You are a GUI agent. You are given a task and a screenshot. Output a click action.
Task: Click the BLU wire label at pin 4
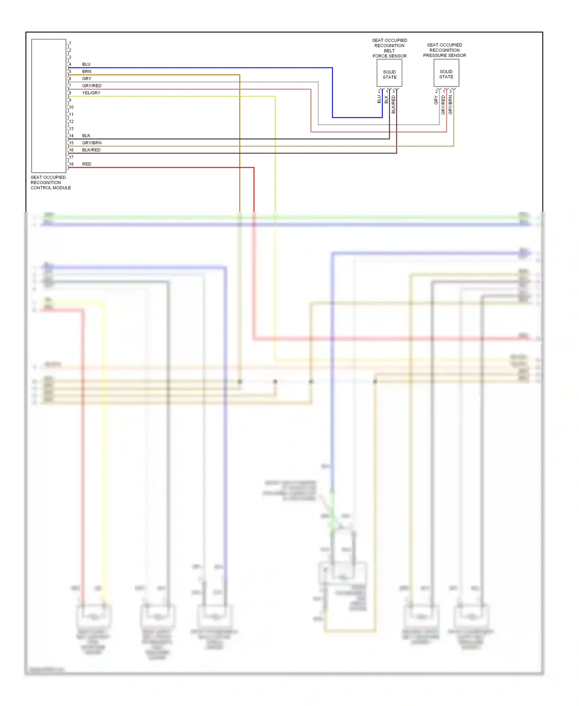86,64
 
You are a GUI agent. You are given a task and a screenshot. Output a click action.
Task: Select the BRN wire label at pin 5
86,71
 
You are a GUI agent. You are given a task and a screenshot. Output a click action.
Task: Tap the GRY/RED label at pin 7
91,86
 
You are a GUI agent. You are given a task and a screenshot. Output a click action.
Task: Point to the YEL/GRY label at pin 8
91,93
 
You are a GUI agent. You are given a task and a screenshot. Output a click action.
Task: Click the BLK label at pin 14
86,136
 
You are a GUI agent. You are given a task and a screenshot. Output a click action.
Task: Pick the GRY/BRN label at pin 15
91,143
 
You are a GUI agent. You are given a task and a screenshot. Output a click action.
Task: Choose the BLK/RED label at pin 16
91,150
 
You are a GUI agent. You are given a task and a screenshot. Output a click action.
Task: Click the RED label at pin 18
86,164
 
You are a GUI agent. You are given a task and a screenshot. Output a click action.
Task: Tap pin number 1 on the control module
70,43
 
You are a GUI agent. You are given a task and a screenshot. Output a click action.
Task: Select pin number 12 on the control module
71,121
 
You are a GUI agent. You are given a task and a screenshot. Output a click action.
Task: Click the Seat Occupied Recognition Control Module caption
51,183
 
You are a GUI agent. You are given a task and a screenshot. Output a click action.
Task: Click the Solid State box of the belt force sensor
389,74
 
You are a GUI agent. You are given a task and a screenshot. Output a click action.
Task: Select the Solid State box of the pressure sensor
446,74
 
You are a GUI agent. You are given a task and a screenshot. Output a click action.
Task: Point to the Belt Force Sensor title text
389,48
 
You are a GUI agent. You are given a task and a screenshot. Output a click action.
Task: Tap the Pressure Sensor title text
444,50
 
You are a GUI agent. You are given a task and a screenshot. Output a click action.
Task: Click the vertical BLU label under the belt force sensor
379,100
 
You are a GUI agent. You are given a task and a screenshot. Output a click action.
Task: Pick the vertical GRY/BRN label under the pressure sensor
450,104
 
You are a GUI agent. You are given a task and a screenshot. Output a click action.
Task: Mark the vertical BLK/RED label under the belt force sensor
393,104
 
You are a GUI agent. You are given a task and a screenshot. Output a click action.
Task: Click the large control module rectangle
49,105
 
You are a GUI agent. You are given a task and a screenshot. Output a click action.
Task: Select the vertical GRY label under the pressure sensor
436,100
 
